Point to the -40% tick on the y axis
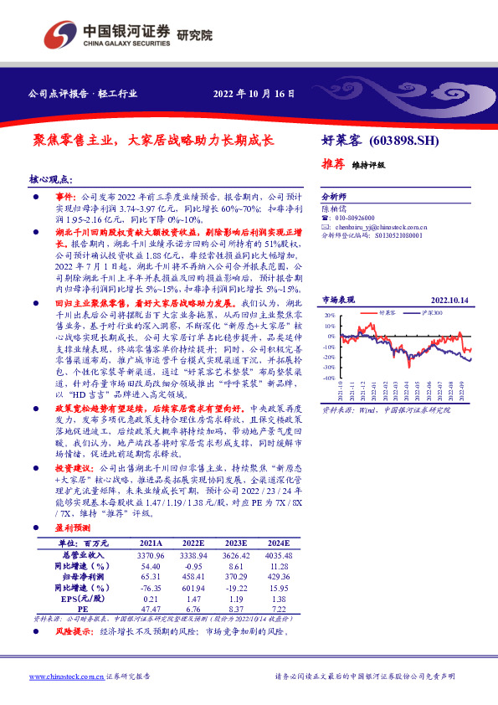(330, 378)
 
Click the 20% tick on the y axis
(331, 316)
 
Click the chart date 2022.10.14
(450, 299)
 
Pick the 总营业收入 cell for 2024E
(280, 554)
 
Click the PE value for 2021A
(151, 610)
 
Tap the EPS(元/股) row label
(82, 599)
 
